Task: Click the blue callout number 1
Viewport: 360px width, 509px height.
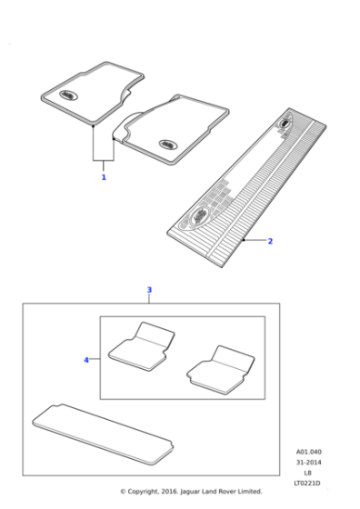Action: [104, 177]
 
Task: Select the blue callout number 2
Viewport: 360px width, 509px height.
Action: [270, 241]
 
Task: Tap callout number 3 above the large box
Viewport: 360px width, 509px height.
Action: [149, 290]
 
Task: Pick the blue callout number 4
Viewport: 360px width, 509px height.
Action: [86, 360]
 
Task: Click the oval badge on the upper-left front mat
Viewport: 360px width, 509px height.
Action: [71, 93]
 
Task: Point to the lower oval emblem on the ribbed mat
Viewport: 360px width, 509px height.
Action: [198, 215]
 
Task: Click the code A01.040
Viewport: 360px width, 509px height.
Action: [309, 452]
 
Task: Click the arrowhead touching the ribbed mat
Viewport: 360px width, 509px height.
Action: [246, 240]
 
